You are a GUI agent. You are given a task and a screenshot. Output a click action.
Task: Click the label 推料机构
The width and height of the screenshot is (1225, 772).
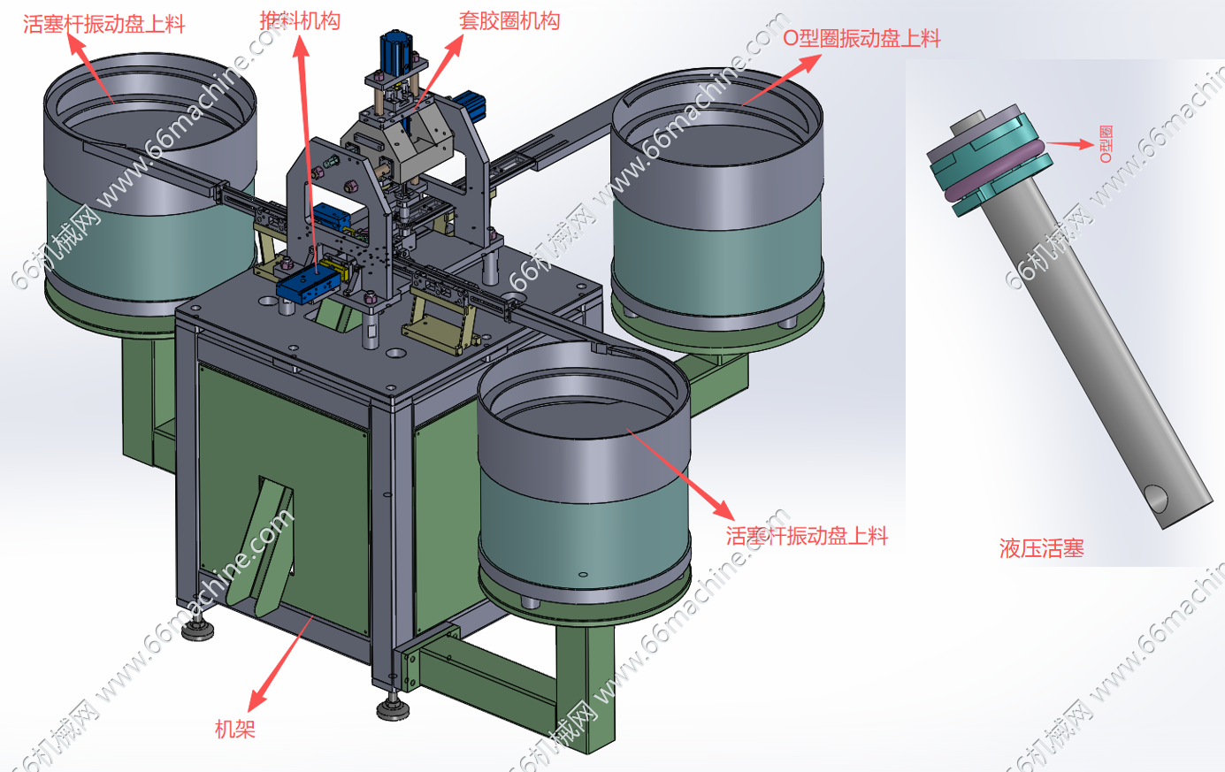(300, 21)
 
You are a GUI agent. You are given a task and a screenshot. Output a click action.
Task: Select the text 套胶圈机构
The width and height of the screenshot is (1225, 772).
(509, 20)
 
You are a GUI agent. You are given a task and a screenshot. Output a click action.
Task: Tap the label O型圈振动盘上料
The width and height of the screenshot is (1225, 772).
(861, 38)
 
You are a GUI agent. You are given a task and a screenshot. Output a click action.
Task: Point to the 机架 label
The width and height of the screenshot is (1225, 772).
(234, 729)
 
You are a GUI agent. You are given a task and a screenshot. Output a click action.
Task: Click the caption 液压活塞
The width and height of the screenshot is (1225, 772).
(1042, 548)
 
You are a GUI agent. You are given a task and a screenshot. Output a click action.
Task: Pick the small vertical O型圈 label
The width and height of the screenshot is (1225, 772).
(1106, 144)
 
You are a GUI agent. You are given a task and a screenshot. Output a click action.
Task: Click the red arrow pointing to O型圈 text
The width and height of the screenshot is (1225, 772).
(1070, 144)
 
